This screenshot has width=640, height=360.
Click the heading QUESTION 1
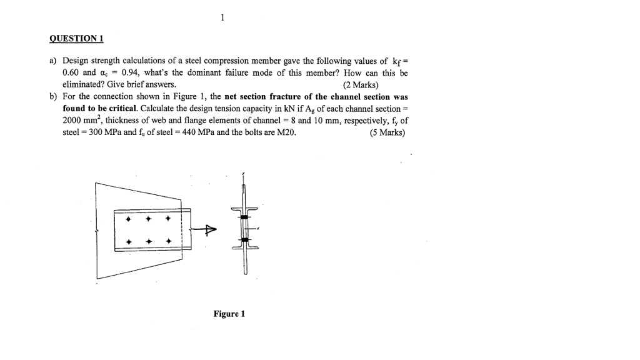[76, 39]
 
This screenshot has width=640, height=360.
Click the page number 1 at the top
[222, 17]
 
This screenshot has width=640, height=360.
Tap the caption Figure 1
[229, 314]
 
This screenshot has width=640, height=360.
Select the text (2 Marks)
[361, 85]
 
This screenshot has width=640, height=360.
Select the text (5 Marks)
[387, 132]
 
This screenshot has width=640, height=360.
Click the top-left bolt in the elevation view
[129, 220]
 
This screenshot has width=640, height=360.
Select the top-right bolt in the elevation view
[168, 220]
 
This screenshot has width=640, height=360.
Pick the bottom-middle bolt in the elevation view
[149, 241]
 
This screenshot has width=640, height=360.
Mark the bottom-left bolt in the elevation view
[129, 241]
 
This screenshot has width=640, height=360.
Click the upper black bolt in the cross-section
[245, 216]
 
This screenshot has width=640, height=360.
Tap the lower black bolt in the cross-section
[245, 239]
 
